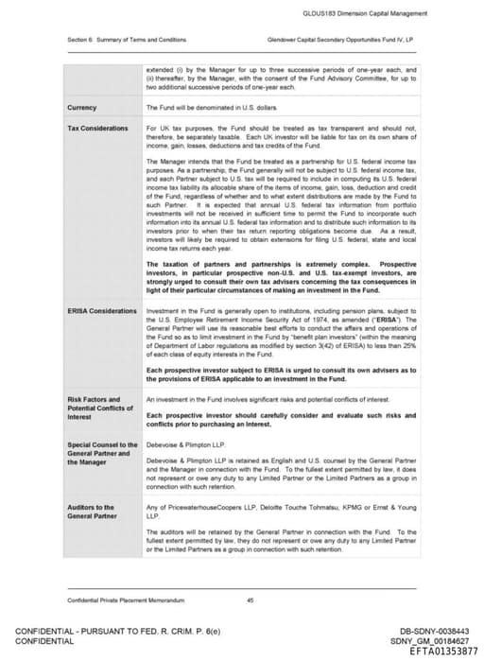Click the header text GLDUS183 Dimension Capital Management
coord(378,14)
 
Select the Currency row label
coord(82,108)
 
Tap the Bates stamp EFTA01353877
coord(436,652)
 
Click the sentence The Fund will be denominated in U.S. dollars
coord(206,108)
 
